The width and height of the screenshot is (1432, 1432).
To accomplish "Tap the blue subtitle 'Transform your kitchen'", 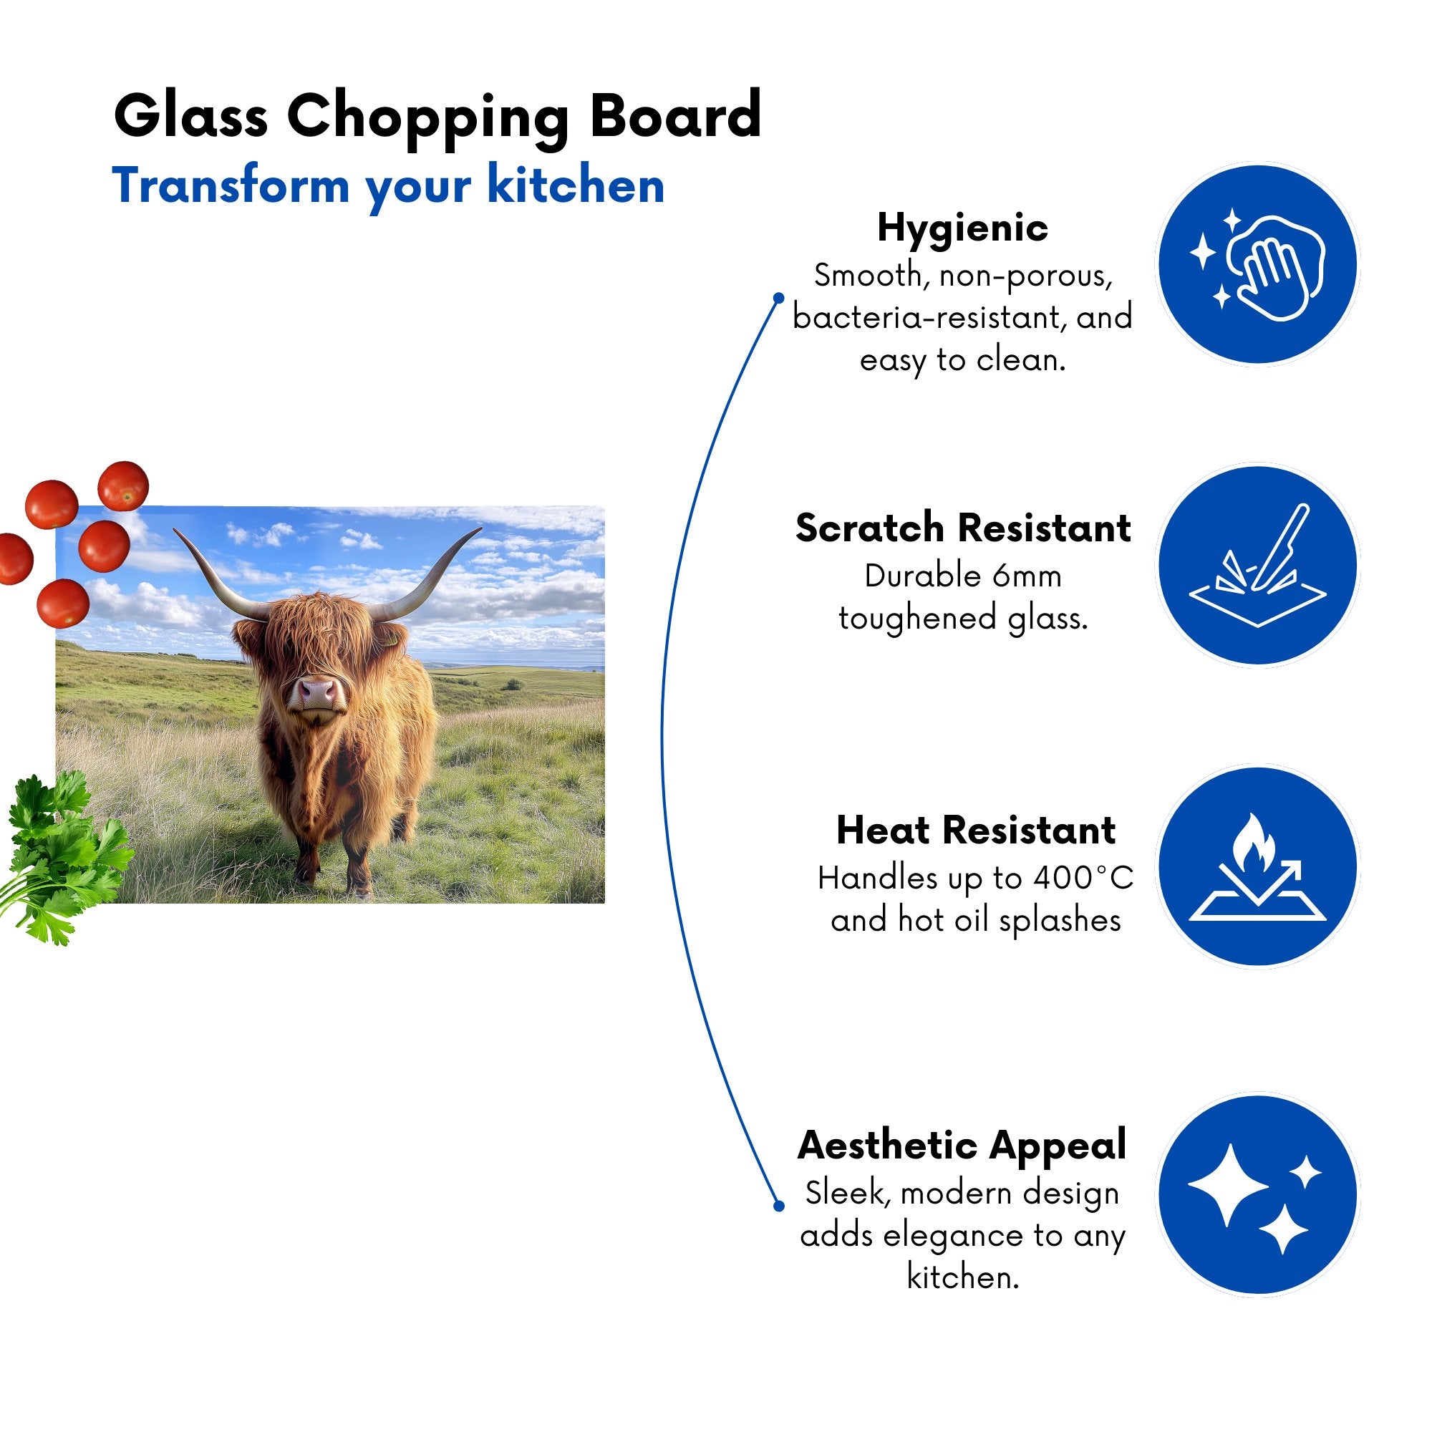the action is pyautogui.click(x=388, y=187).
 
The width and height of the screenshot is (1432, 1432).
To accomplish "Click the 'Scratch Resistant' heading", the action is pyautogui.click(x=963, y=528).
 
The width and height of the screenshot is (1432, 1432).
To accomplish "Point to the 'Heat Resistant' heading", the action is pyautogui.click(x=975, y=830).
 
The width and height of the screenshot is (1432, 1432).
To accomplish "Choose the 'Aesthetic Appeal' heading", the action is pyautogui.click(x=962, y=1146).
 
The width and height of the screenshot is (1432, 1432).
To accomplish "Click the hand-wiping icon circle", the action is pyautogui.click(x=1258, y=265).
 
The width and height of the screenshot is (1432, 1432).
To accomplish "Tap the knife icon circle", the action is pyautogui.click(x=1258, y=566).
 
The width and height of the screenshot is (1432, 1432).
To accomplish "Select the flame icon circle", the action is pyautogui.click(x=1258, y=866).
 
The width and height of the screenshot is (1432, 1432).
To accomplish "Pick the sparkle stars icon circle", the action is pyautogui.click(x=1258, y=1196).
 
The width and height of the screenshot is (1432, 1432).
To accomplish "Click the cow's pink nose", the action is pyautogui.click(x=318, y=693).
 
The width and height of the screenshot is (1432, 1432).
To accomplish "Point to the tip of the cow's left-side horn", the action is pyautogui.click(x=174, y=529).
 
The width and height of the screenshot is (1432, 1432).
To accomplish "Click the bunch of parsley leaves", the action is pyautogui.click(x=63, y=856).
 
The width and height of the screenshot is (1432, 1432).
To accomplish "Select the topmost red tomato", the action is pyautogui.click(x=124, y=485).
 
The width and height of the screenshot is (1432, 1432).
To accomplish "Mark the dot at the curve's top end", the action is pyautogui.click(x=778, y=298).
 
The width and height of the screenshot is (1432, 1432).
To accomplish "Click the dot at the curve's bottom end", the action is pyautogui.click(x=778, y=1206).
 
